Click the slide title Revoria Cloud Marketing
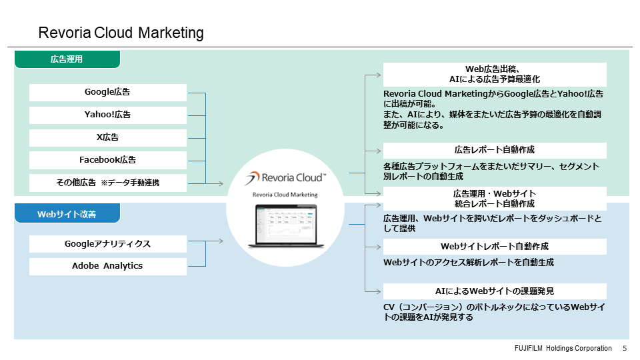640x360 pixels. [x=121, y=33]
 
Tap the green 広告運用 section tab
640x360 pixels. [x=67, y=59]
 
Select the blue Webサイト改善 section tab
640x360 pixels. [x=67, y=214]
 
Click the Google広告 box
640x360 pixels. [x=107, y=92]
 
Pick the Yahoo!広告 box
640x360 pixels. [x=107, y=115]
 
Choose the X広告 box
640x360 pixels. [x=107, y=137]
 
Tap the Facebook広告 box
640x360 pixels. [x=107, y=160]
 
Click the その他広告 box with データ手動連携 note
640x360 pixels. [x=107, y=183]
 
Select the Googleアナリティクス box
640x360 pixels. [x=107, y=244]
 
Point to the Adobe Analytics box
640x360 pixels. [x=107, y=266]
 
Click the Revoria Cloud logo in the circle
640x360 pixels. [x=285, y=178]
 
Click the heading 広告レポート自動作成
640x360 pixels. [x=494, y=150]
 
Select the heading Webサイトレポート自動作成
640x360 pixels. [x=494, y=247]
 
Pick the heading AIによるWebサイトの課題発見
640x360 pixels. [x=494, y=291]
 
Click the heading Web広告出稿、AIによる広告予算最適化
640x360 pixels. [x=494, y=74]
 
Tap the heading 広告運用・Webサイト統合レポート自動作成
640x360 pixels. [x=494, y=199]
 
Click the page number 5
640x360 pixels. [x=625, y=349]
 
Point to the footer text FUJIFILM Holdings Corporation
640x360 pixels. [x=563, y=349]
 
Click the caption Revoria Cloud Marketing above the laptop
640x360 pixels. [x=285, y=195]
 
